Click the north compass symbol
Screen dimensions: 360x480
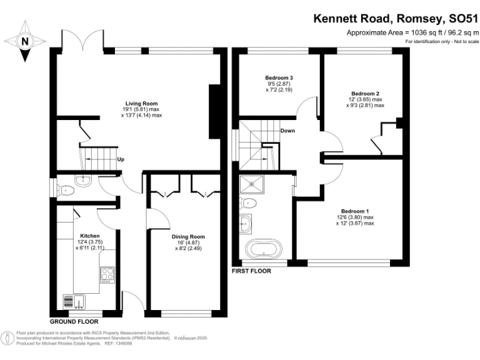coord(25,41)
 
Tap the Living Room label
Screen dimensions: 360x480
coord(141,103)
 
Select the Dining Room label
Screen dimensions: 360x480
coord(188,237)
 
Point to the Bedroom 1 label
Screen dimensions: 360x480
coord(354,211)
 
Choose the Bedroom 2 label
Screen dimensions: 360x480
coord(365,93)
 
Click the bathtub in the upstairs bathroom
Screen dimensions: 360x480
coord(262,249)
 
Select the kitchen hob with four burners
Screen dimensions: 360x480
coord(107,274)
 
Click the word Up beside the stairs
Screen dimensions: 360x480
coord(121,159)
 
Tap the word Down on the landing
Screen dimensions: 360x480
coord(287,131)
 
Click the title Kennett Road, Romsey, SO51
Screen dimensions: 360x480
coord(395,19)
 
